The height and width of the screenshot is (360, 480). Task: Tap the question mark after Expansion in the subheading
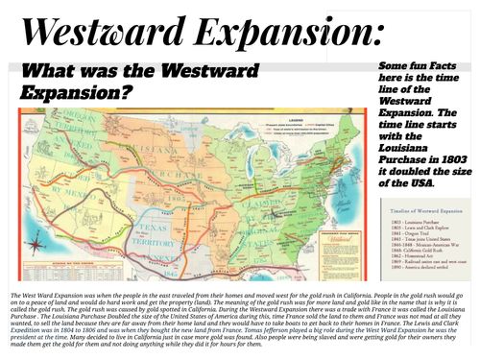(x=132, y=95)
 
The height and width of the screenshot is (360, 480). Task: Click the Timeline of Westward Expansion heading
(x=427, y=205)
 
